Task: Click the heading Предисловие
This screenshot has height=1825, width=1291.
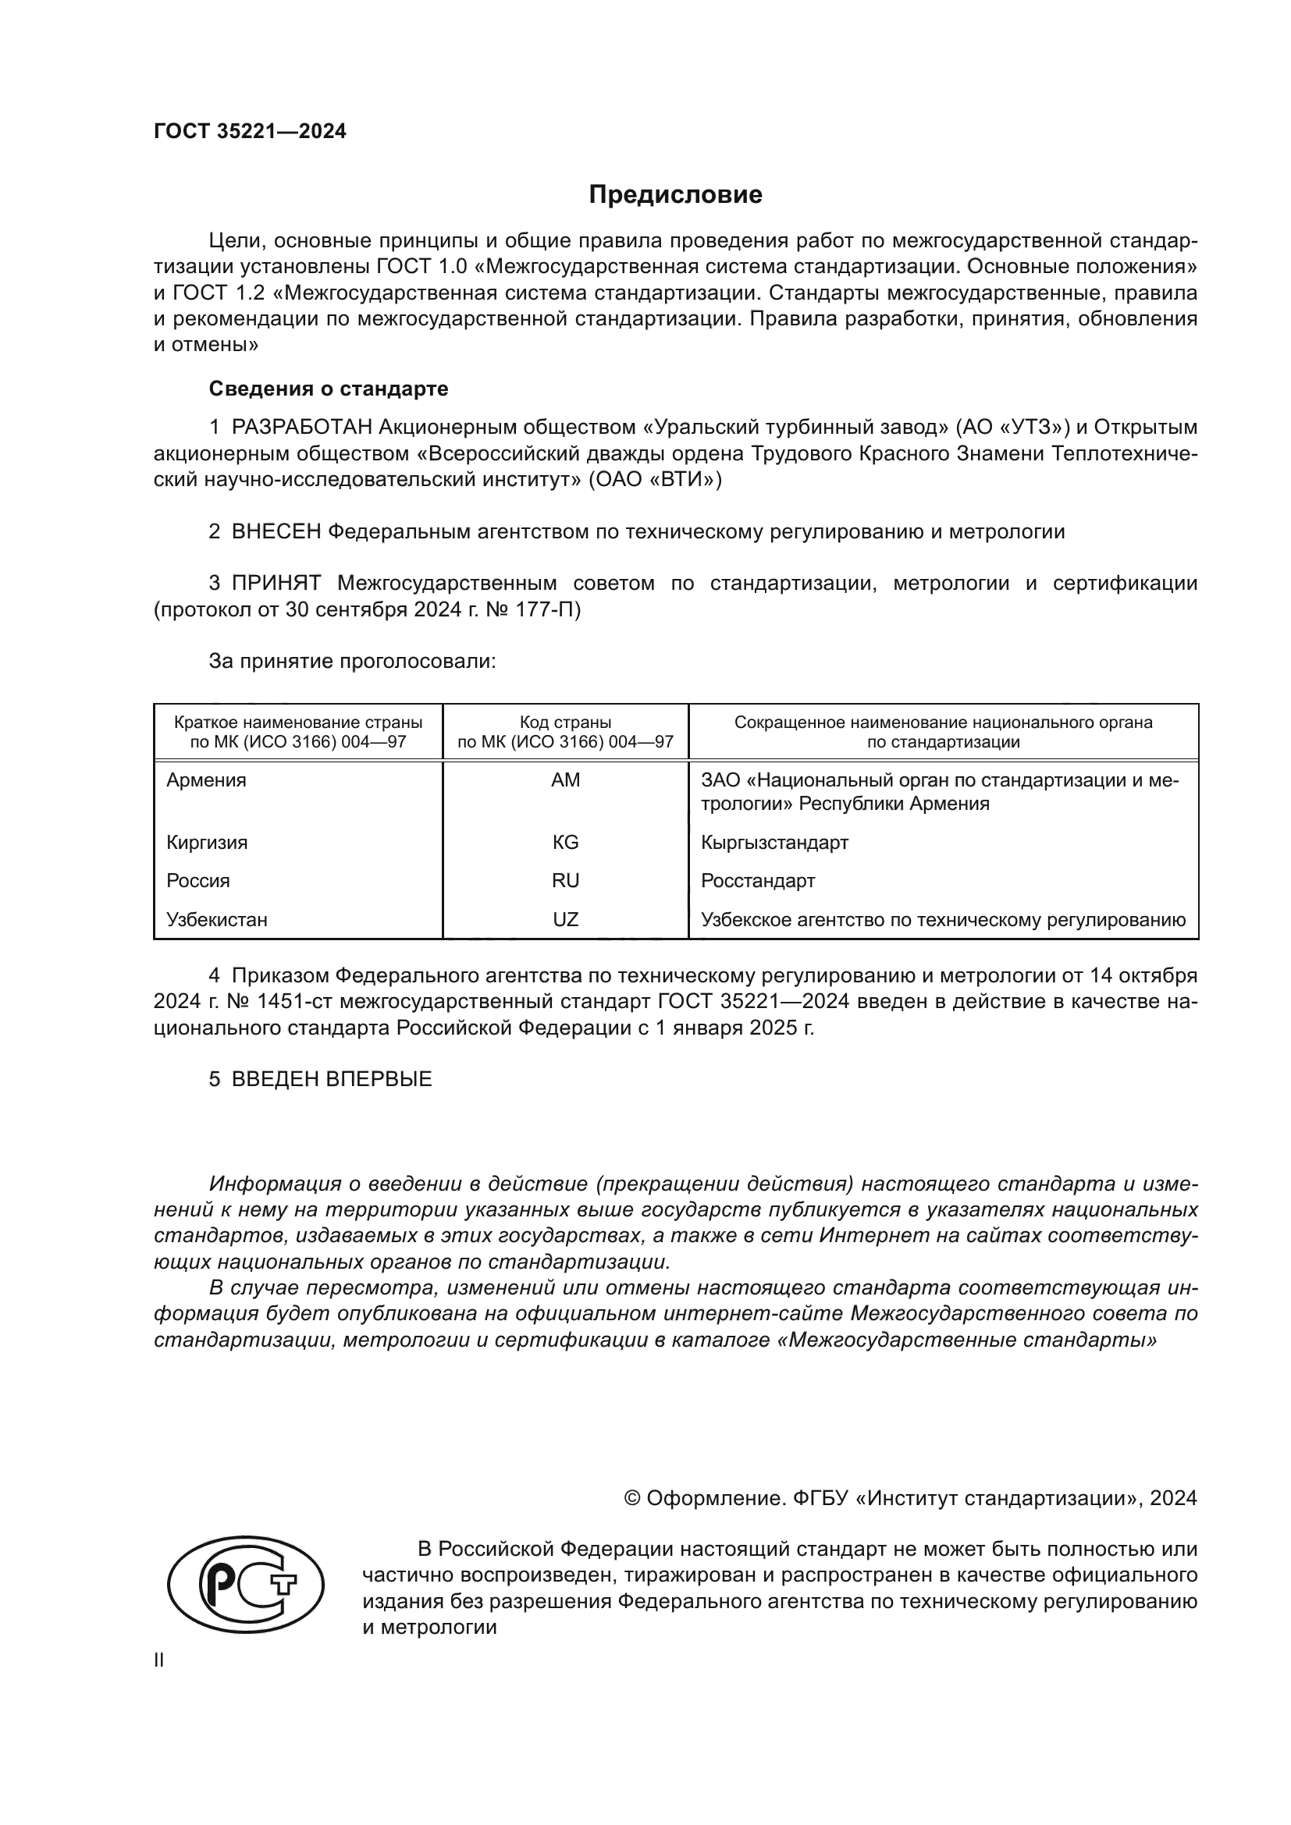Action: coord(675,195)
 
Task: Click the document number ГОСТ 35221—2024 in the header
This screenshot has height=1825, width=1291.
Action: coord(250,132)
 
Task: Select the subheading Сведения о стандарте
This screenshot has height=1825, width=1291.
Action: coord(329,389)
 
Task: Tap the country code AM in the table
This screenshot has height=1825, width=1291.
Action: coord(565,780)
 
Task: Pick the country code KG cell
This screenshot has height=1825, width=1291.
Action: coord(565,843)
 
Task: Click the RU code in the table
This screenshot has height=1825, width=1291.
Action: coord(565,881)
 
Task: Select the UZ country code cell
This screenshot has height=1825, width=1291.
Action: coord(565,920)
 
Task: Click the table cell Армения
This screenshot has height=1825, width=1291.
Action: coord(207,780)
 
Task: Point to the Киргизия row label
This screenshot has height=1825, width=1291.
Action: coord(207,843)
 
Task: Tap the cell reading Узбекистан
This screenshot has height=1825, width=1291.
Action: coord(217,920)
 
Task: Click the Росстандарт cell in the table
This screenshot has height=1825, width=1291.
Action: coord(758,881)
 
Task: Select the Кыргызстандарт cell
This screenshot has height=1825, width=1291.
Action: coord(774,843)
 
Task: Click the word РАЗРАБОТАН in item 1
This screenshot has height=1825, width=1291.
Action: coord(302,428)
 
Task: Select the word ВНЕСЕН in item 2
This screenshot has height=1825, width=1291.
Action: coord(276,532)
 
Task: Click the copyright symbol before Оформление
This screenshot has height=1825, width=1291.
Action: coord(632,1498)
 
